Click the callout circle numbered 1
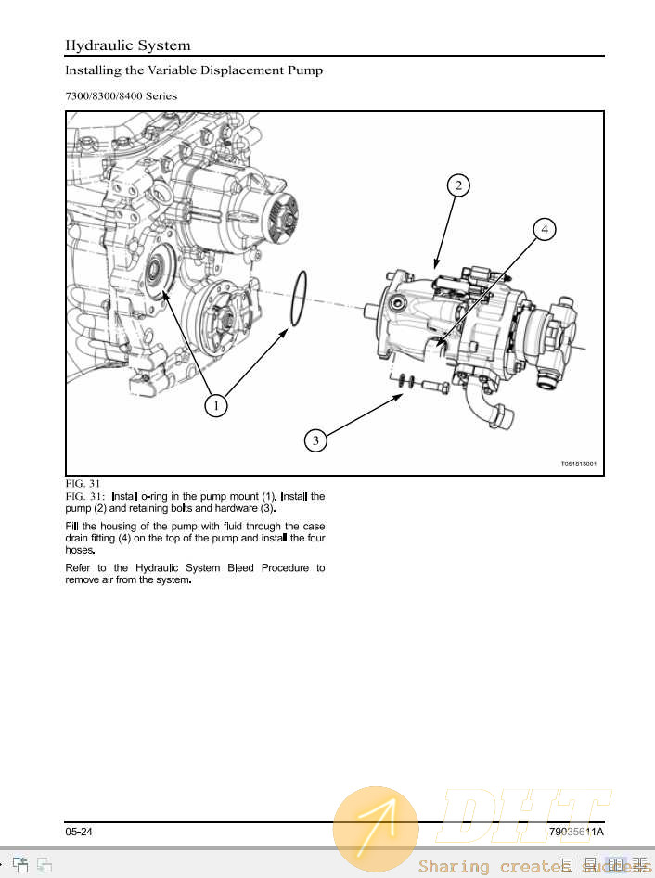pyautogui.click(x=215, y=405)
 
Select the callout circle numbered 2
pyautogui.click(x=457, y=185)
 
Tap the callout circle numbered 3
pyautogui.click(x=315, y=440)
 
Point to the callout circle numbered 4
pyautogui.click(x=545, y=228)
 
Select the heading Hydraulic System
pyautogui.click(x=128, y=45)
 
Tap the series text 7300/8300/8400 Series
pyautogui.click(x=121, y=95)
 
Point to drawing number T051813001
pyautogui.click(x=578, y=464)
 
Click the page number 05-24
pyautogui.click(x=79, y=832)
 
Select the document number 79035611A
pyautogui.click(x=575, y=832)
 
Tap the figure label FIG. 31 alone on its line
pyautogui.click(x=83, y=484)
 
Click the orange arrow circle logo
pyautogui.click(x=376, y=830)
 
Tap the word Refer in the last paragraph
pyautogui.click(x=80, y=567)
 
